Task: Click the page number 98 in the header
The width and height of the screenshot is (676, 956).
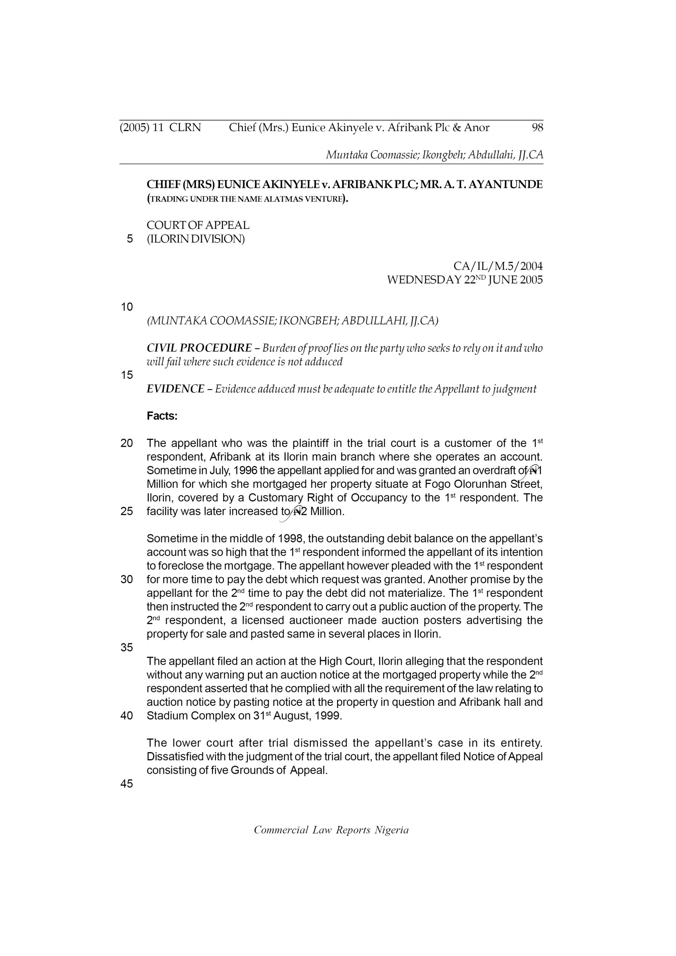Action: point(537,127)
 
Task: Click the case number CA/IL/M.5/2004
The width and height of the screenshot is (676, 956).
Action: point(498,266)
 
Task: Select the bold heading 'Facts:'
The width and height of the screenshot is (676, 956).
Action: point(162,416)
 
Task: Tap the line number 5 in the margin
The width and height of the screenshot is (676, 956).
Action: point(130,239)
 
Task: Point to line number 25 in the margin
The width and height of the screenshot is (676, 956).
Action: point(127,511)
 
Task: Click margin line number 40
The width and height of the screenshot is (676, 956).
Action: point(127,716)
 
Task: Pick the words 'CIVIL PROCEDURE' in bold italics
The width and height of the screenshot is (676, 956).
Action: point(199,348)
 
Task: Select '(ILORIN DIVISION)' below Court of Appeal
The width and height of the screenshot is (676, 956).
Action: point(196,239)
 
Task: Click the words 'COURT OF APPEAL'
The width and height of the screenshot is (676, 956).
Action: point(198,225)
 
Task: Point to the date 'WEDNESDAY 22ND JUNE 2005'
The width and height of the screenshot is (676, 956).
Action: point(465,280)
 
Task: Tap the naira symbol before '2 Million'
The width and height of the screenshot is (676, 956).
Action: point(297,512)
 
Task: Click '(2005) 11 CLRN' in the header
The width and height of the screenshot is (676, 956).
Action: point(160,127)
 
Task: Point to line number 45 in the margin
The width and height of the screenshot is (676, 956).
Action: point(127,783)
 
